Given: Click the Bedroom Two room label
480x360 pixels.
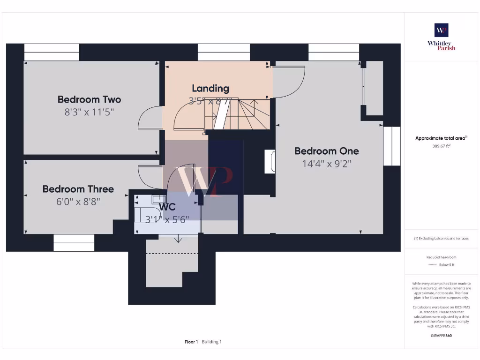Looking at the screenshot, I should pos(89,99).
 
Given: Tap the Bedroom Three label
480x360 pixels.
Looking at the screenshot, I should pos(78,189).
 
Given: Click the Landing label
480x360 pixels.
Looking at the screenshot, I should pos(210,88).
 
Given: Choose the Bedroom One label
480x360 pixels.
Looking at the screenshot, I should pos(327,151).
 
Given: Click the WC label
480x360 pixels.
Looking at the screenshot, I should pos(167,207).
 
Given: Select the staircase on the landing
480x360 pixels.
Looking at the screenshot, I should pos(239,114).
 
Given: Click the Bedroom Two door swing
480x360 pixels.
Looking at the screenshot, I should pos(149,118).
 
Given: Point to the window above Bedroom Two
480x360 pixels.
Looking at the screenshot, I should pos(52,52).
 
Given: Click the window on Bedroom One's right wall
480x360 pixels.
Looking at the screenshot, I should pos(391,146).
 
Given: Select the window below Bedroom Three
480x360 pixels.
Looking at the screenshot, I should pos(74,243).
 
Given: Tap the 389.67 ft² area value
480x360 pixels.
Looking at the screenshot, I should pos(441,146).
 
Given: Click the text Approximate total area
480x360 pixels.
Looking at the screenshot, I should pos(440,138).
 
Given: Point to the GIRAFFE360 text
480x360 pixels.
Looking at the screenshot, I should pos(441,336).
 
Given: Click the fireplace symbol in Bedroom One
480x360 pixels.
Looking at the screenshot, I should pos(270,162).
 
